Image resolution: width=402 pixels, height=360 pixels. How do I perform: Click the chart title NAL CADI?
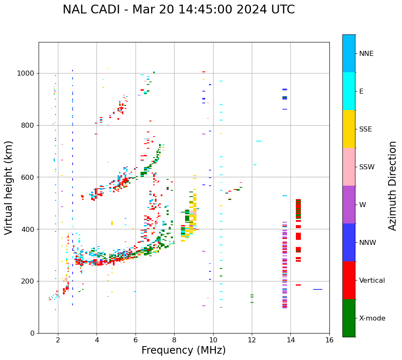tap(179, 10)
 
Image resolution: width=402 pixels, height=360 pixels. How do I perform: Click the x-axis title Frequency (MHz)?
tap(183, 350)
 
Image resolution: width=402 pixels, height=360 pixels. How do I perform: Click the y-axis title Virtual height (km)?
tap(9, 188)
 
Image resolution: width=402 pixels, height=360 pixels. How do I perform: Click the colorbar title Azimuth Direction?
tap(392, 186)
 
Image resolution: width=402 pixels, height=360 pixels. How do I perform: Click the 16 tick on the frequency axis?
tap(329, 339)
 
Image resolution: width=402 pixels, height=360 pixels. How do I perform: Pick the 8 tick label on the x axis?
tap(174, 339)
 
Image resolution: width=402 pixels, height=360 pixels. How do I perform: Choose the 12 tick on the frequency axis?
tap(252, 339)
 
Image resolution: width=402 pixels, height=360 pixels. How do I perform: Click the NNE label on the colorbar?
tap(366, 54)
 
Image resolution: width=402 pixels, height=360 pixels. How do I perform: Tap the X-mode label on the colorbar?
tap(372, 318)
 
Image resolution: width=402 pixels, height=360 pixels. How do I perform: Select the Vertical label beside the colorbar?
tap(372, 281)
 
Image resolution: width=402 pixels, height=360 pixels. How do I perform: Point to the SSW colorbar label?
tap(367, 167)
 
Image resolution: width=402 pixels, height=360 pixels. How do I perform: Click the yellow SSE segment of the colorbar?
tap(349, 129)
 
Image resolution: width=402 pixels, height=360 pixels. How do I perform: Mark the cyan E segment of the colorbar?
tap(349, 91)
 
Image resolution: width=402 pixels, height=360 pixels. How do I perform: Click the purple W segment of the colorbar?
tap(349, 205)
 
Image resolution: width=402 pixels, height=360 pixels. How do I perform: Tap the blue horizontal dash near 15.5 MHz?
tap(318, 289)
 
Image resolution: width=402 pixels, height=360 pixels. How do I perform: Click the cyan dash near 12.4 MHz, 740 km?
tap(259, 141)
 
